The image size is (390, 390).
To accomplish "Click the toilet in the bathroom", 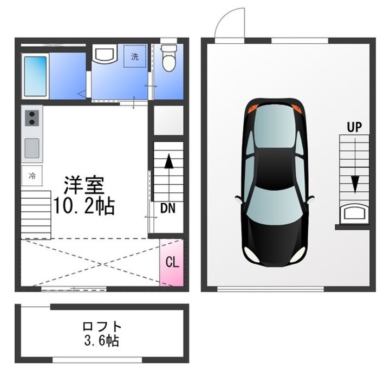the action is tap(169, 58).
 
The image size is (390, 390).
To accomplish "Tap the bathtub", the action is tap(35, 76).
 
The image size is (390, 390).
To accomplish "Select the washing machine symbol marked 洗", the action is tap(135, 56).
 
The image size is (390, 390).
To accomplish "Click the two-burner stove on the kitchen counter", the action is tap(32, 118).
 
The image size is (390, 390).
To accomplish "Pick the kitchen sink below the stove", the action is tap(32, 148).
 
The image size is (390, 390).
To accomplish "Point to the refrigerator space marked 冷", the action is tap(32, 175).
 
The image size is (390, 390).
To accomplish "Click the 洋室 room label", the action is tap(84, 185).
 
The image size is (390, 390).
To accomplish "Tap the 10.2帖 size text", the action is tap(84, 206).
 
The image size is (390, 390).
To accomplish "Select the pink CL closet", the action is tap(172, 262).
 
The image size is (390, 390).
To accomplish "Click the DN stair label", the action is tap(168, 208).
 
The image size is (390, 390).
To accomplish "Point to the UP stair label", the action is tap(354, 127).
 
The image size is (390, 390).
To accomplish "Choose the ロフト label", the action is tap(102, 326).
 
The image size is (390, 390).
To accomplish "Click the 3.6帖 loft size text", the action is tap(101, 341).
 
